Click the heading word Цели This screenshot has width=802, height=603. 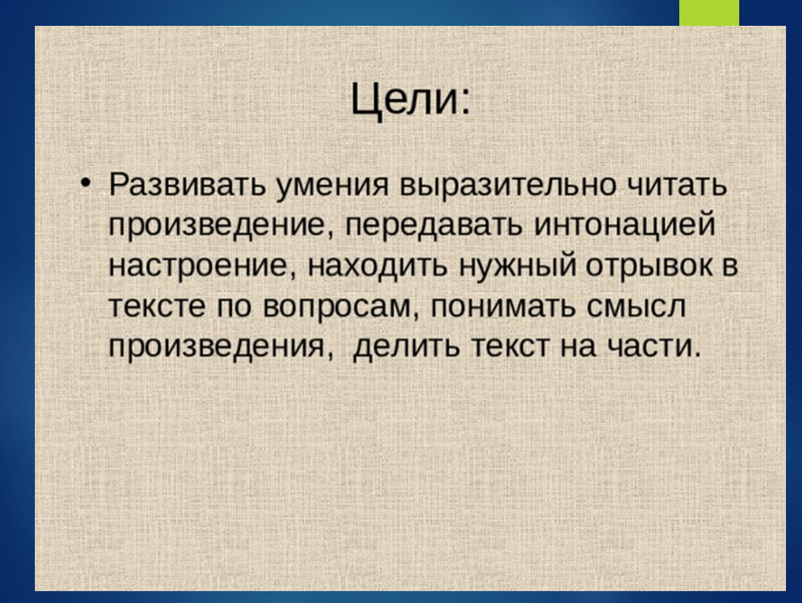(404, 99)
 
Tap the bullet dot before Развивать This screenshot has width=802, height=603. (85, 183)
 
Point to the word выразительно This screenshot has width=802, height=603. (508, 186)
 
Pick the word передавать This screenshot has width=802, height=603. (434, 225)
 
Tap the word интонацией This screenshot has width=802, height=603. (624, 225)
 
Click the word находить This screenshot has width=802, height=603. (377, 266)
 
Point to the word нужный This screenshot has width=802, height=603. (517, 266)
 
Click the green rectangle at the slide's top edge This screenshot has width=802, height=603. (709, 13)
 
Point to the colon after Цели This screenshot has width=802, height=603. (464, 103)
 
